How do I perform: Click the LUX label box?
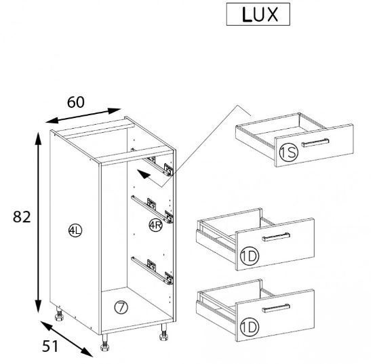258,14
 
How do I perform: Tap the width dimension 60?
76,102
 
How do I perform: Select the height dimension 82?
22,217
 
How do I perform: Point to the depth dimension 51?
50,346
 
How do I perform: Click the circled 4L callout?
75,230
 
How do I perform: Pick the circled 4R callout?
156,225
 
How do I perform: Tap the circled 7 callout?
121,307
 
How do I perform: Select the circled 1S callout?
289,152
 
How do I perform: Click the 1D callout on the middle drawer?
250,256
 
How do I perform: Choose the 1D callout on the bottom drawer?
250,327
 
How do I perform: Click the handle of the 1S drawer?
315,142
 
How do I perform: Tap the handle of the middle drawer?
276,237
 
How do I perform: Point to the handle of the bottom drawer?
276,308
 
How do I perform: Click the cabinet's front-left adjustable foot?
105,342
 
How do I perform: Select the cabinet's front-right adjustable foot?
164,332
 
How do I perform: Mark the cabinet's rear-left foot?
59,314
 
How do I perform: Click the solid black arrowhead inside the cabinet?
144,174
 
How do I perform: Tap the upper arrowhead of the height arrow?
38,138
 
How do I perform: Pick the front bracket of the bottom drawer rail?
169,278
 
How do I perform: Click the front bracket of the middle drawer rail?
169,216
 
